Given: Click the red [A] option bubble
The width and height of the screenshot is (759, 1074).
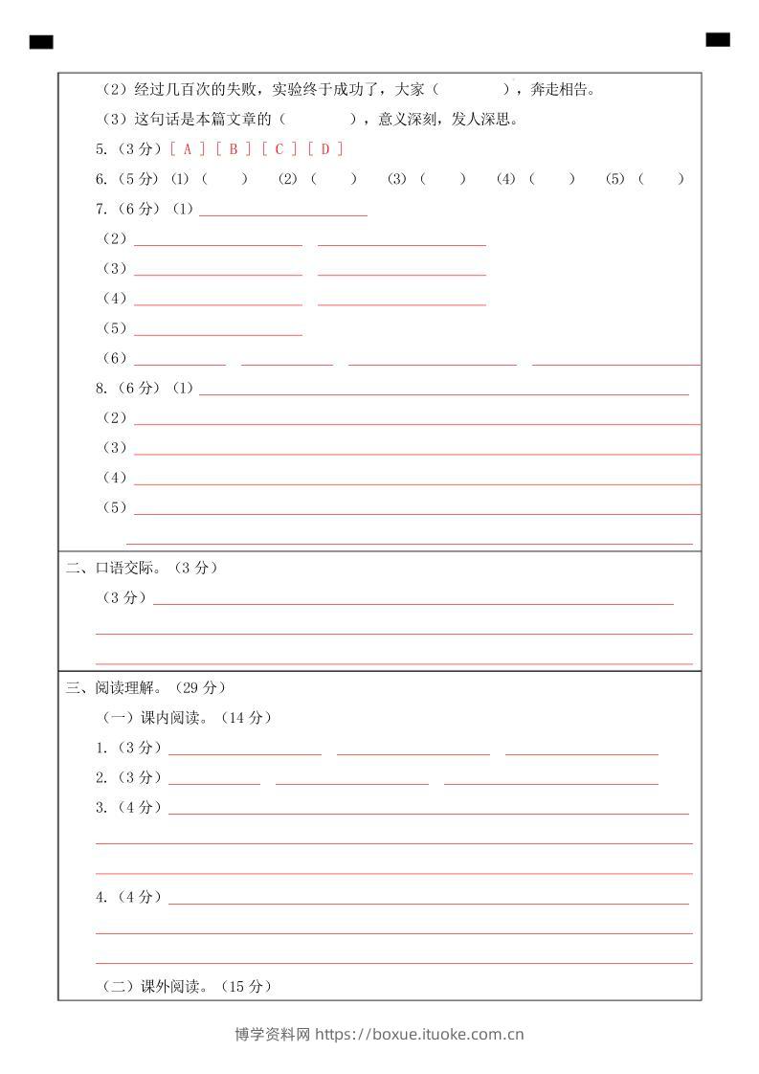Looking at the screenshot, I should pos(187,148).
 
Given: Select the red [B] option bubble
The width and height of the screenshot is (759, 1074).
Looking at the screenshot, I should pos(234,148).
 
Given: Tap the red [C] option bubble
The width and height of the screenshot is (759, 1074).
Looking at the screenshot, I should pos(279,148).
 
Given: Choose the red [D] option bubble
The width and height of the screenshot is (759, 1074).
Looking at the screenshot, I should pos(325,148).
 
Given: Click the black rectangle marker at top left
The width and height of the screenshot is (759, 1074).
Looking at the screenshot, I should pos(41,41).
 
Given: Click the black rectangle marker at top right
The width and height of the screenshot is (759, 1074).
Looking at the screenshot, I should pos(718,39).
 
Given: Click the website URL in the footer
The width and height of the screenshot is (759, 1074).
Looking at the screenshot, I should pos(419,1034).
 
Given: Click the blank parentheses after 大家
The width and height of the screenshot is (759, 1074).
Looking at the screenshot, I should pos(471,90).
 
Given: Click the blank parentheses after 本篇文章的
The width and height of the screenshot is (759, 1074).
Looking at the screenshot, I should pos(319,120).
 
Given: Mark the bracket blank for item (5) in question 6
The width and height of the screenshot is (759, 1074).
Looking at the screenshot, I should pos(661,179).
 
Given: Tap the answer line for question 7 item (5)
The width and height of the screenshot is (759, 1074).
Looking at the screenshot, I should pos(218,332).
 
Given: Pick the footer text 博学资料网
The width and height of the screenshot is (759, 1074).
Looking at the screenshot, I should pos(273,1034).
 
